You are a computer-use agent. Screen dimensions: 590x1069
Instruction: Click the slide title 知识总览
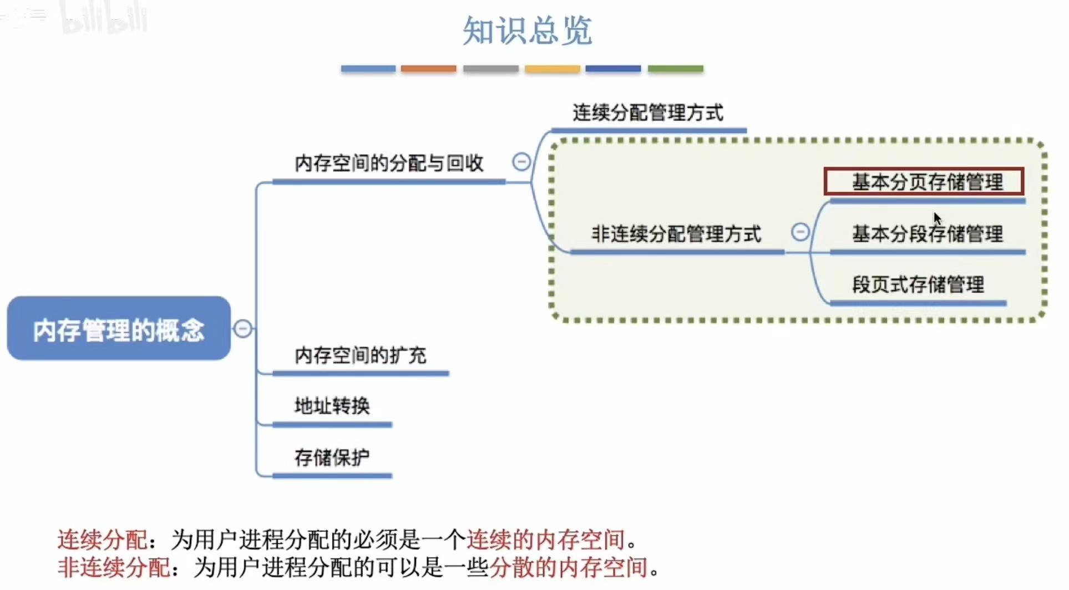(x=527, y=30)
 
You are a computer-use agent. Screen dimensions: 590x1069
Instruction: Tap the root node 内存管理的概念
(x=119, y=329)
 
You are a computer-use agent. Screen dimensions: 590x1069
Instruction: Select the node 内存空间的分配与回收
(x=389, y=164)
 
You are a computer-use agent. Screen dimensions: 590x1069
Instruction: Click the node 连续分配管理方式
(x=648, y=113)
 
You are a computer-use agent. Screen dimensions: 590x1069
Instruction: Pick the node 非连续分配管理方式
(x=676, y=234)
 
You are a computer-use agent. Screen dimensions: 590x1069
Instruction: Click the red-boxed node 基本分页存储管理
(x=924, y=182)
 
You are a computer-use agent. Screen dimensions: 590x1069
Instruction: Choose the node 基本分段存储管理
(x=928, y=234)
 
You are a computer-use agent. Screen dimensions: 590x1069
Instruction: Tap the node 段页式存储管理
(x=918, y=285)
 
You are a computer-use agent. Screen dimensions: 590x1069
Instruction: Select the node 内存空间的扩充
(x=360, y=355)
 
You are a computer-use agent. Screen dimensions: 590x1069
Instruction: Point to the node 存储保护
(x=332, y=457)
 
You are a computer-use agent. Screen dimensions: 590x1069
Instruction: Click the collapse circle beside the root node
(x=242, y=329)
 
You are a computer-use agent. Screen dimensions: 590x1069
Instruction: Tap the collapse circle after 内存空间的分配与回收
(x=521, y=162)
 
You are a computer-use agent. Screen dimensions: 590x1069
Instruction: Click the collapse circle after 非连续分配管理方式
(x=800, y=232)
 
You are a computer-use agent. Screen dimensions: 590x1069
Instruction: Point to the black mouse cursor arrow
(x=937, y=217)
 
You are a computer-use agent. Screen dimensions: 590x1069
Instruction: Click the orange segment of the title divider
(x=428, y=69)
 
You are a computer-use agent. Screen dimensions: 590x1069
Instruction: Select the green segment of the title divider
(x=676, y=69)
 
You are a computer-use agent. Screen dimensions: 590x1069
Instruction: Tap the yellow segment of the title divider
(x=553, y=69)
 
